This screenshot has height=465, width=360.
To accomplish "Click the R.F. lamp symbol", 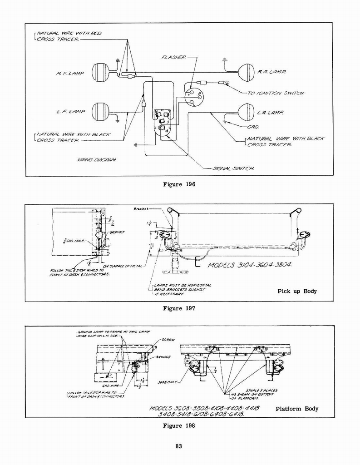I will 101,72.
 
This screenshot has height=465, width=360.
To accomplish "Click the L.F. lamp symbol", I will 100,112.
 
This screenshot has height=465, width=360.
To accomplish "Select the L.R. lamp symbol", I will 246,112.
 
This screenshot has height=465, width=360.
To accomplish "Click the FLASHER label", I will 173,57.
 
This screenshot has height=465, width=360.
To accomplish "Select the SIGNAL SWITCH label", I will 233,168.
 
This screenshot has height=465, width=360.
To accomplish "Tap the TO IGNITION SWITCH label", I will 275,93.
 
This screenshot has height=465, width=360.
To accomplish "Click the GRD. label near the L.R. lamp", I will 253,127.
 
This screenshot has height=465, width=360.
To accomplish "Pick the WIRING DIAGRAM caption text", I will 96,160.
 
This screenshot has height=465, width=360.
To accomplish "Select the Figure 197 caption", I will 179,308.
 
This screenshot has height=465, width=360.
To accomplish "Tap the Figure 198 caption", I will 179,425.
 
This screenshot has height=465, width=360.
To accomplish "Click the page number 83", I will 179,447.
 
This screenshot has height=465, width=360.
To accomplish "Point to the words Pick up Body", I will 297,291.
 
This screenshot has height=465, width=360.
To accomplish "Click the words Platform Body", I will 297,409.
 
